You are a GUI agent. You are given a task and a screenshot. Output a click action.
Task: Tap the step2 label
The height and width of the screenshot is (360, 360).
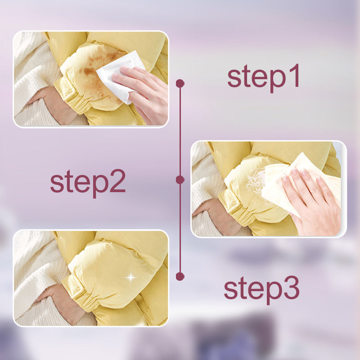88,183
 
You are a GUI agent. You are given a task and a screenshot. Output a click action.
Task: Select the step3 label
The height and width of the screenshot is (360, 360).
261,290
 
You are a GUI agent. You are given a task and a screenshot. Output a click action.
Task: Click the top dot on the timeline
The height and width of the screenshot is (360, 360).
180,83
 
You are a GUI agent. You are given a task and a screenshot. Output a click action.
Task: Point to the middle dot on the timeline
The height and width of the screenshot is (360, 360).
180,180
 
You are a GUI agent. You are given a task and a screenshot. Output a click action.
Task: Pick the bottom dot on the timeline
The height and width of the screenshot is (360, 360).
180,276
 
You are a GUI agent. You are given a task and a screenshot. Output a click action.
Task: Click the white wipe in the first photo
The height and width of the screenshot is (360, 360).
119,76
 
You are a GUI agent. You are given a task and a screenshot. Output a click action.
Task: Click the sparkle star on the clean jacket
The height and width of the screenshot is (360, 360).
131,277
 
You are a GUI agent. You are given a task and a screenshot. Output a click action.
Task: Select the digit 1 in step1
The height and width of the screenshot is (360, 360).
295,75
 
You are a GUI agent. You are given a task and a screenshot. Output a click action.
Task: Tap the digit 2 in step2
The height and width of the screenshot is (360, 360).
117,181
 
